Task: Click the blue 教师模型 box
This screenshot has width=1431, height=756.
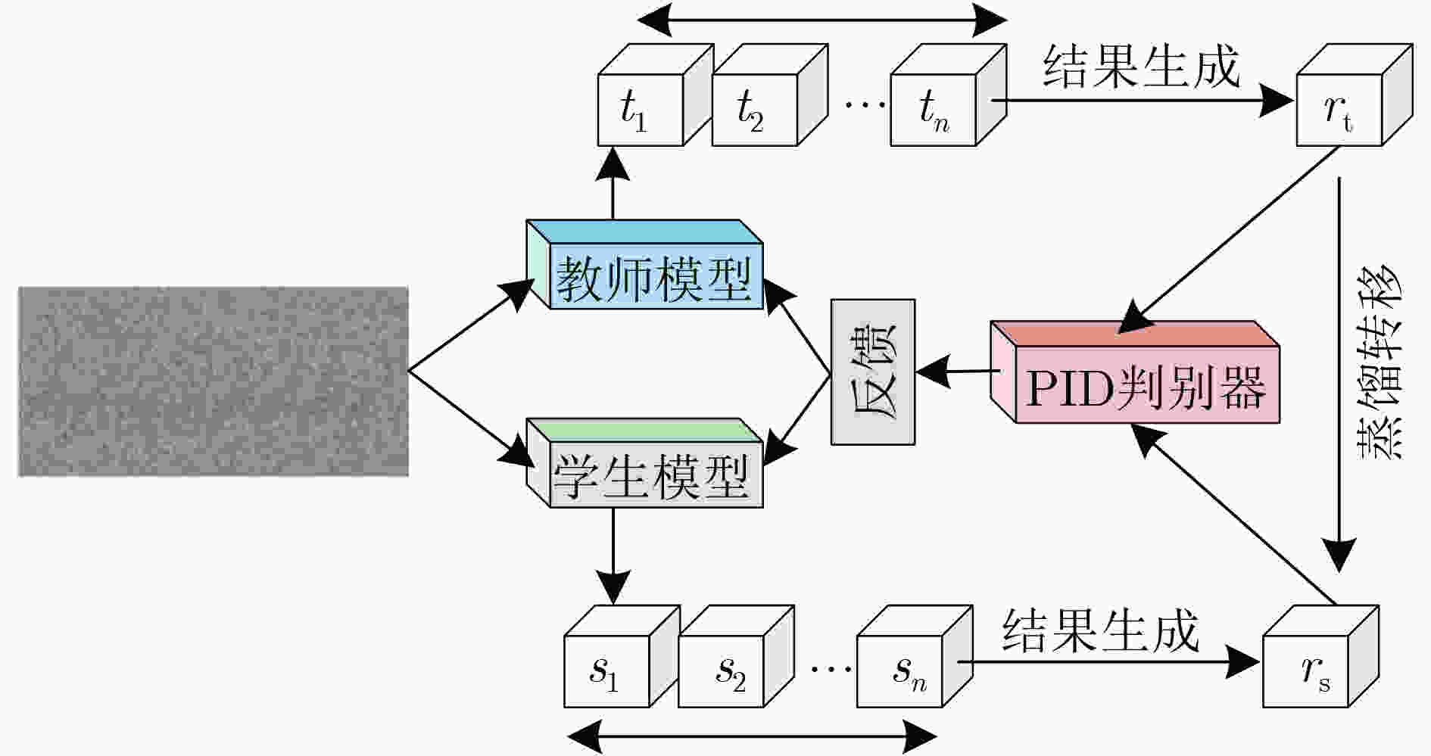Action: (644, 264)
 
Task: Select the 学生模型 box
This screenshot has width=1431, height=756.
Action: (644, 462)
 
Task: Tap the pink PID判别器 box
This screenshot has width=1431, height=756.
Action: (1135, 372)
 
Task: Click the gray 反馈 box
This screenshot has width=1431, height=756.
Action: (873, 372)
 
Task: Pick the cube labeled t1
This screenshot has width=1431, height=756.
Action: (656, 95)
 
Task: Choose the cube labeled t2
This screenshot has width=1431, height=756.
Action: (770, 95)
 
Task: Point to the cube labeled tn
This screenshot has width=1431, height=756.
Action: (949, 95)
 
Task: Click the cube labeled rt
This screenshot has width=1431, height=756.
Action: (1355, 95)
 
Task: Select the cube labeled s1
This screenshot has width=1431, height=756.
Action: (622, 656)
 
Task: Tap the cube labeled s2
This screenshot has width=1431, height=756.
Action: (736, 656)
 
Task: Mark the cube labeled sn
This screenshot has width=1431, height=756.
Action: (915, 656)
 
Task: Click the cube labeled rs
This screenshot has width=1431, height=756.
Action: (1321, 656)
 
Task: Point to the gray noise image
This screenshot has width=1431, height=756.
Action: (214, 381)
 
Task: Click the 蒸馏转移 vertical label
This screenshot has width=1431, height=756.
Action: (1378, 361)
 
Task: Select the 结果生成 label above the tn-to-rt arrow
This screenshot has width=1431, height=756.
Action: (1142, 66)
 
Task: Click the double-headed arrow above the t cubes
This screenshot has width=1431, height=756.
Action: (823, 20)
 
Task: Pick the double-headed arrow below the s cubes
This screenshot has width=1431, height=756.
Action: (753, 736)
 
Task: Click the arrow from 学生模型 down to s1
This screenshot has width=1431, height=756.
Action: (613, 556)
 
